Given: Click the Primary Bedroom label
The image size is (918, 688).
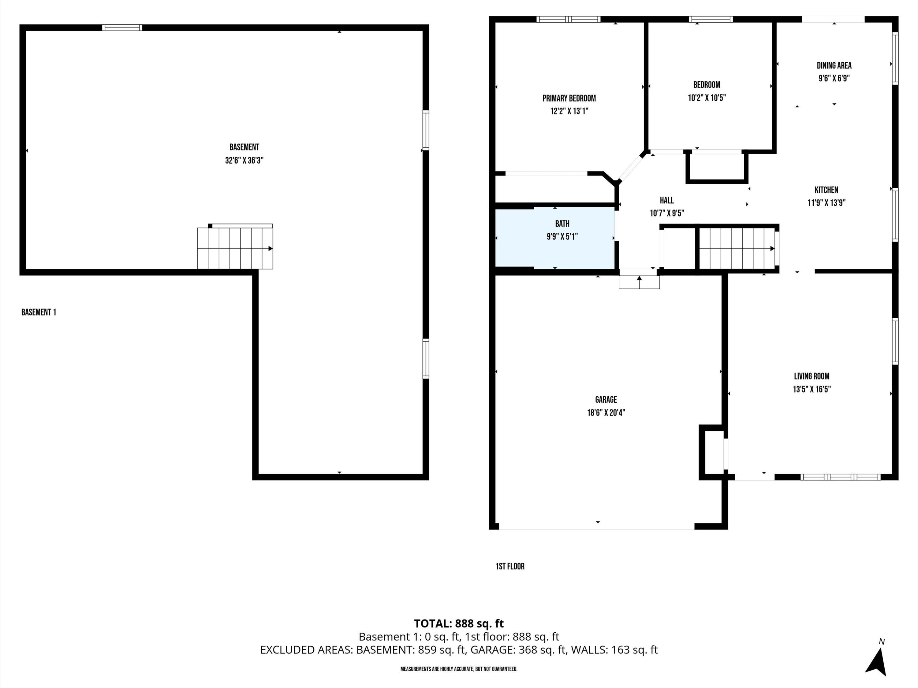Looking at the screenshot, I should point(569,98).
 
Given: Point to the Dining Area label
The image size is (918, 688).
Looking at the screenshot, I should point(834,65).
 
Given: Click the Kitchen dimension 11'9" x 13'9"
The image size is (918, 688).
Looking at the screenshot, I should point(826,203).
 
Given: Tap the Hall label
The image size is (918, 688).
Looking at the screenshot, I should point(666,200).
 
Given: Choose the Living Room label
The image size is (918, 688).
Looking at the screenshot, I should point(811,376).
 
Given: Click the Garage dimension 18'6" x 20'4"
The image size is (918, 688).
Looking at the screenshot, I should point(606,412).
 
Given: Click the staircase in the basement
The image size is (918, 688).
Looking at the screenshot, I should point(235,248).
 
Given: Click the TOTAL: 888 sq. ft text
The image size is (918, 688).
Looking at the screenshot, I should point(459,623).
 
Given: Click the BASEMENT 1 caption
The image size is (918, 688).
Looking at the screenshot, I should point(39,312).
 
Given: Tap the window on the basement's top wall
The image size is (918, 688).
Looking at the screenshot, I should point(122,28).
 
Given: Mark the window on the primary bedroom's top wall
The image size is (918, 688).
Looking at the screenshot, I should point(568,19).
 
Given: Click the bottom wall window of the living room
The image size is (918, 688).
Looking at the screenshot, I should point(840,477).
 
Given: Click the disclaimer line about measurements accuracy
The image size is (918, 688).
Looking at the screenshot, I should point(459,669).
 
